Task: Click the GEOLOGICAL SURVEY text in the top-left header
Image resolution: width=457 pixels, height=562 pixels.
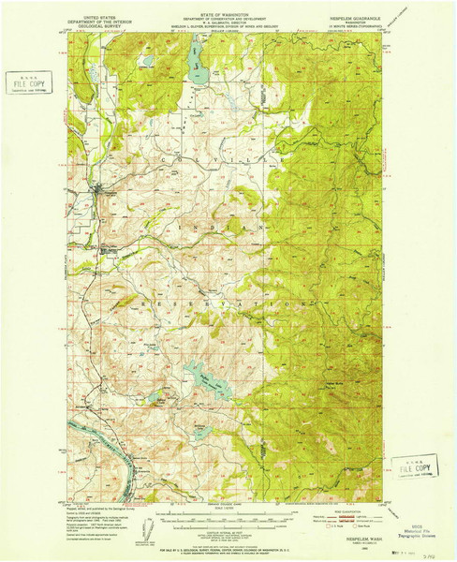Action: (x=104, y=28)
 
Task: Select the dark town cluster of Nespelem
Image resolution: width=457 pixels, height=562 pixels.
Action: (x=103, y=200)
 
